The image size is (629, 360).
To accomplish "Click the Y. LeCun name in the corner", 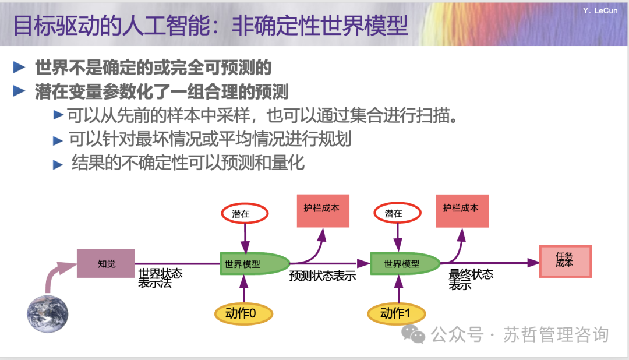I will coord(600,10).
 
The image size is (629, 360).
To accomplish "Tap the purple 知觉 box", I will coord(106,263).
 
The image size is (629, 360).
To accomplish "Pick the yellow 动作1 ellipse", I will coord(395,313).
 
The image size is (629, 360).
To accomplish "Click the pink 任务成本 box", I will coord(565,262).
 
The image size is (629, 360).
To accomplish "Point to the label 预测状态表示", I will coord(322,276).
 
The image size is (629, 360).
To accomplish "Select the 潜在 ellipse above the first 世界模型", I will coord(244,214).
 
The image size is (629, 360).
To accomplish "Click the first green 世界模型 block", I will coord(252,263).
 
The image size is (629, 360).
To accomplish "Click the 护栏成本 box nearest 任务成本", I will coord(462,210).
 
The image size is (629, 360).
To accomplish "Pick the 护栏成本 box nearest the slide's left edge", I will coord(323,210).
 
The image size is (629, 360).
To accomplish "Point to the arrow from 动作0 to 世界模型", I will coord(244,287).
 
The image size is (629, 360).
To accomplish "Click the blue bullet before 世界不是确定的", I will coord(19,67).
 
